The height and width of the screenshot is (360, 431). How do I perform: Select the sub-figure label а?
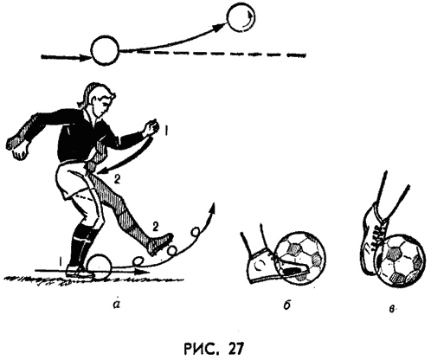click(x=116, y=305)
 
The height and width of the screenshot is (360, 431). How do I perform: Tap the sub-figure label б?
click(x=286, y=305)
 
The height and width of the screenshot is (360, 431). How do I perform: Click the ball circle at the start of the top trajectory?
click(x=105, y=51)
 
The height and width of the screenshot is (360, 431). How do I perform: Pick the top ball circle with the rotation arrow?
click(x=241, y=17)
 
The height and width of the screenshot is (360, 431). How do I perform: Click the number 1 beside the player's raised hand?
click(x=166, y=131)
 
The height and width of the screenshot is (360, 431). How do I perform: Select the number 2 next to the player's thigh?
click(x=117, y=179)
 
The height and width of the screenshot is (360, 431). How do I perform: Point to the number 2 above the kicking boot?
click(x=155, y=227)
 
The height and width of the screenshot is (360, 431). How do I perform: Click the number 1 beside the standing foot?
click(x=61, y=262)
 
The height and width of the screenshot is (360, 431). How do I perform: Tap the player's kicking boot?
click(x=160, y=243)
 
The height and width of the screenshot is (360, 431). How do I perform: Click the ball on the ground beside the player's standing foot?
click(x=99, y=267)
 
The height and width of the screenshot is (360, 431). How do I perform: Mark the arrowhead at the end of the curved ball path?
click(x=213, y=208)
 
